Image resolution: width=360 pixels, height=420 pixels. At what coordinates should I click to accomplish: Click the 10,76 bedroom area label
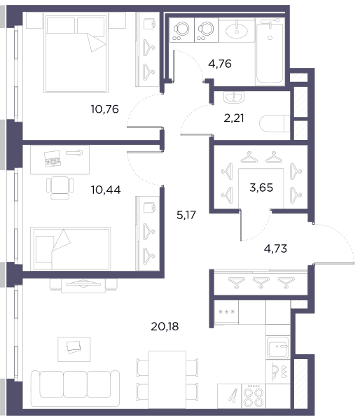[104, 109]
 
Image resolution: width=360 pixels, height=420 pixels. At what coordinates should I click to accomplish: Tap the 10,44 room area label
[106, 190]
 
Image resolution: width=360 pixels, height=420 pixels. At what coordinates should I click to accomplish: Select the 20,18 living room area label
[165, 326]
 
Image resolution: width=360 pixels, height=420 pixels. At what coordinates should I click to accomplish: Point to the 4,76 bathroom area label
[220, 64]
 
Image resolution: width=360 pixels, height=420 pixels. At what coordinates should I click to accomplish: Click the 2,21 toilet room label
[234, 118]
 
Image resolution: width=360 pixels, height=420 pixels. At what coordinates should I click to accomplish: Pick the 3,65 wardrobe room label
[261, 188]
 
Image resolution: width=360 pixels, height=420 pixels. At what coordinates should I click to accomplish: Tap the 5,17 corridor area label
[186, 215]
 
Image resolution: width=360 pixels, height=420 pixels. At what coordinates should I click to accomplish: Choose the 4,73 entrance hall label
[275, 248]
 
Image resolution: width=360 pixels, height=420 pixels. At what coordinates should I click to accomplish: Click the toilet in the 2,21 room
[275, 123]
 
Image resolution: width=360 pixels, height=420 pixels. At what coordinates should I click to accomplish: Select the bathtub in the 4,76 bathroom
[270, 53]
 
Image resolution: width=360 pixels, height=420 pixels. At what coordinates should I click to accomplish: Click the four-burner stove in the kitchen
[254, 396]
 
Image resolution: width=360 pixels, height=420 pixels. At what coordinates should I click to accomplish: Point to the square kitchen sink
[278, 347]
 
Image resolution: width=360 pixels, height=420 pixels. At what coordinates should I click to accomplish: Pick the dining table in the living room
[167, 380]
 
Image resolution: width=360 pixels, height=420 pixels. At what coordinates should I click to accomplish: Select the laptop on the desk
[53, 159]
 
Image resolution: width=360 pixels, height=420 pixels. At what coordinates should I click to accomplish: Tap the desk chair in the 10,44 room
[60, 188]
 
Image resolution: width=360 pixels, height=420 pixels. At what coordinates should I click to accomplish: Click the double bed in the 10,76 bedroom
[76, 54]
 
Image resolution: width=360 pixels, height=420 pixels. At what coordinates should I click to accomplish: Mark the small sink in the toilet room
[234, 97]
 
